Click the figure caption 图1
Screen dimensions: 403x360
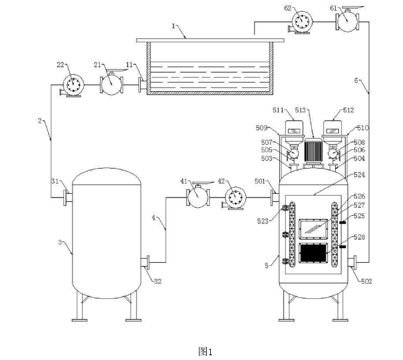(205, 352)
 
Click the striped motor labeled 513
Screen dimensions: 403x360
(313, 152)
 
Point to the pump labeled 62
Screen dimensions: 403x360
(301, 22)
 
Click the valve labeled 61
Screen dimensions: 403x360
(347, 21)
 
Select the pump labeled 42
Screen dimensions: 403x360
(234, 198)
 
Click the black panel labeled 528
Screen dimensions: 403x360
(314, 253)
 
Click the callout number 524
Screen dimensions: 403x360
(359, 175)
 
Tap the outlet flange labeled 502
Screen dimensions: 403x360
(352, 262)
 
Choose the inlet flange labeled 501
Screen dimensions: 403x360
(274, 198)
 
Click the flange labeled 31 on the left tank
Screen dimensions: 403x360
(68, 198)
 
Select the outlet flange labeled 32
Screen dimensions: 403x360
(145, 262)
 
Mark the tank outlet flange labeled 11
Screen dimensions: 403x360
(143, 85)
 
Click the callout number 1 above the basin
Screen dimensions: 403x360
(173, 26)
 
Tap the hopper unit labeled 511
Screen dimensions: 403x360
(294, 132)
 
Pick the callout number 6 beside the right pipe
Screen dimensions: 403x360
(356, 80)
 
